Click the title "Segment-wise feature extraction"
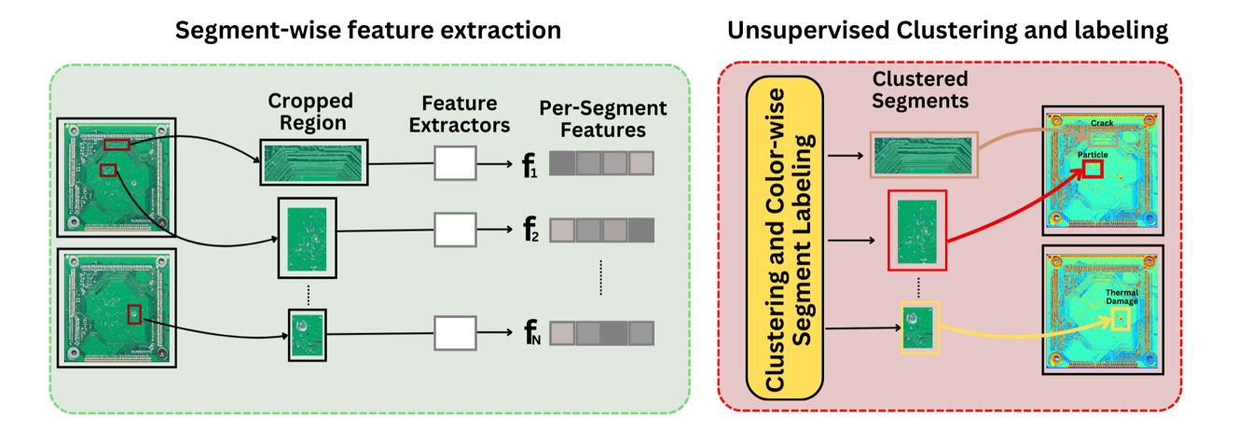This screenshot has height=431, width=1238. click(x=368, y=30)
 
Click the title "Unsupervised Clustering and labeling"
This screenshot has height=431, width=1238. click(x=947, y=31)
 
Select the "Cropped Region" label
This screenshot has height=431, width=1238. click(x=311, y=112)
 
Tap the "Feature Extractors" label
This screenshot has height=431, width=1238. click(x=460, y=114)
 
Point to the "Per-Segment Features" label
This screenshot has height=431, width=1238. click(x=603, y=119)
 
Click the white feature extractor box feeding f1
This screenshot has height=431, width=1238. click(x=455, y=163)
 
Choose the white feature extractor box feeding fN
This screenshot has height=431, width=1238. click(x=455, y=333)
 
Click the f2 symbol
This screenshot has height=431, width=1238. click(x=530, y=229)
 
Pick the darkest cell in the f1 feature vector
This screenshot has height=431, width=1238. click(x=562, y=164)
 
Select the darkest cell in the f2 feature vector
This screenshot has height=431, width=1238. click(x=641, y=230)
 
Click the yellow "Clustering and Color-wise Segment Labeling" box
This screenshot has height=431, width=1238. click(x=784, y=238)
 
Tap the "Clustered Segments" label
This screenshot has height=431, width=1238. click(x=920, y=90)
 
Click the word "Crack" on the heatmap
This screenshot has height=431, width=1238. click(x=1102, y=123)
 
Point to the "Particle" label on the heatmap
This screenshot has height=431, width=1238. click(x=1093, y=155)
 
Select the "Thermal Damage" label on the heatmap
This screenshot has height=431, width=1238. click(x=1122, y=297)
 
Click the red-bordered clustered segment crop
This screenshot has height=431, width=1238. click(x=917, y=230)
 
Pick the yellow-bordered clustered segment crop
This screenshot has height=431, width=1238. click(x=920, y=327)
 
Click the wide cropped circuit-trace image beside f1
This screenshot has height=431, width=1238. click(x=314, y=162)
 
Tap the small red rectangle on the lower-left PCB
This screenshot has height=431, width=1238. click(x=134, y=314)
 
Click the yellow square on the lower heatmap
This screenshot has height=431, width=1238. click(x=1121, y=319)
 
